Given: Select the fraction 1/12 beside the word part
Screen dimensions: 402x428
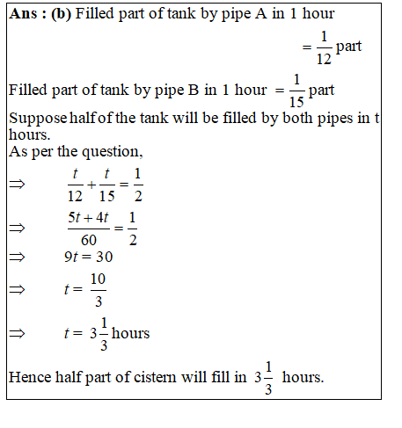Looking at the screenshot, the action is [322, 47].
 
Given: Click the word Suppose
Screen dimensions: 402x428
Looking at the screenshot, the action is [34, 120].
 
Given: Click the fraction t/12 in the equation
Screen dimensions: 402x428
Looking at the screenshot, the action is [77, 186].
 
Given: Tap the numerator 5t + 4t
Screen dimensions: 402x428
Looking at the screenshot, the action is [88, 217].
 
